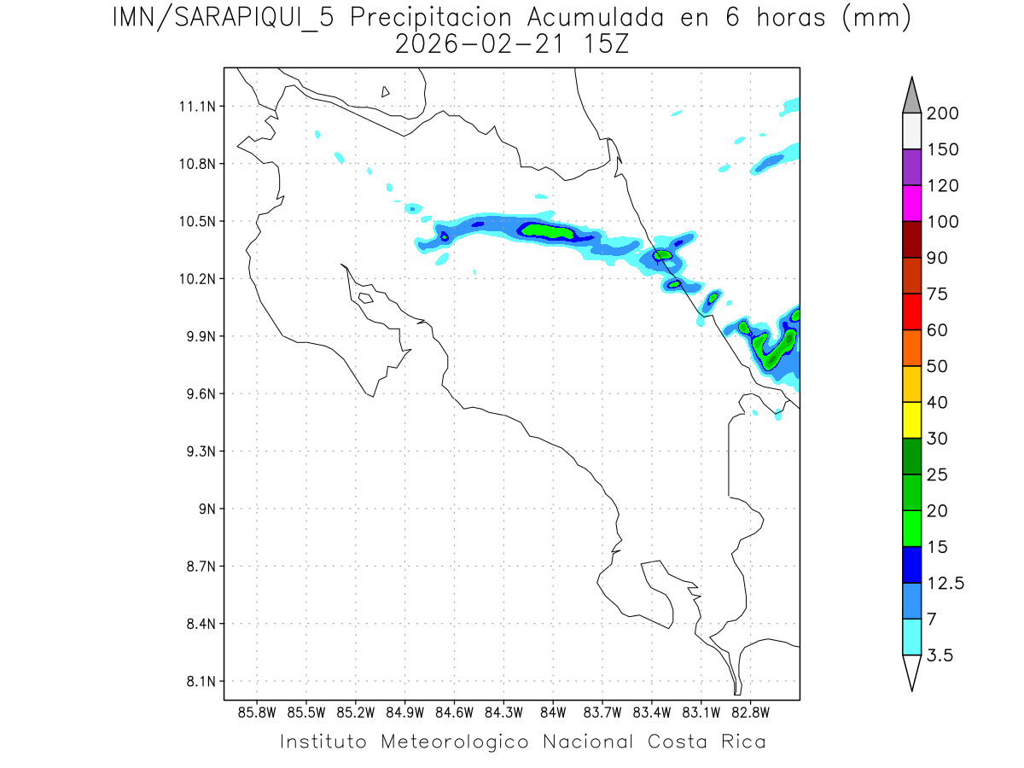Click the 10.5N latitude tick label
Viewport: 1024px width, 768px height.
tap(195, 222)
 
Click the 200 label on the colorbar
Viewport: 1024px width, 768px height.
tap(943, 113)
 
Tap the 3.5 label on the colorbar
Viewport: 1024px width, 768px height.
tap(940, 655)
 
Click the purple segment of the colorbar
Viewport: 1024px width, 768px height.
tap(911, 167)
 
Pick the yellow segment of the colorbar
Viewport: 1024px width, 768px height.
tap(911, 420)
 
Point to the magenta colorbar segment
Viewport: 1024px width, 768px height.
tap(911, 203)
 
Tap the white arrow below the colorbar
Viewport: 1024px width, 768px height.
tap(911, 672)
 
